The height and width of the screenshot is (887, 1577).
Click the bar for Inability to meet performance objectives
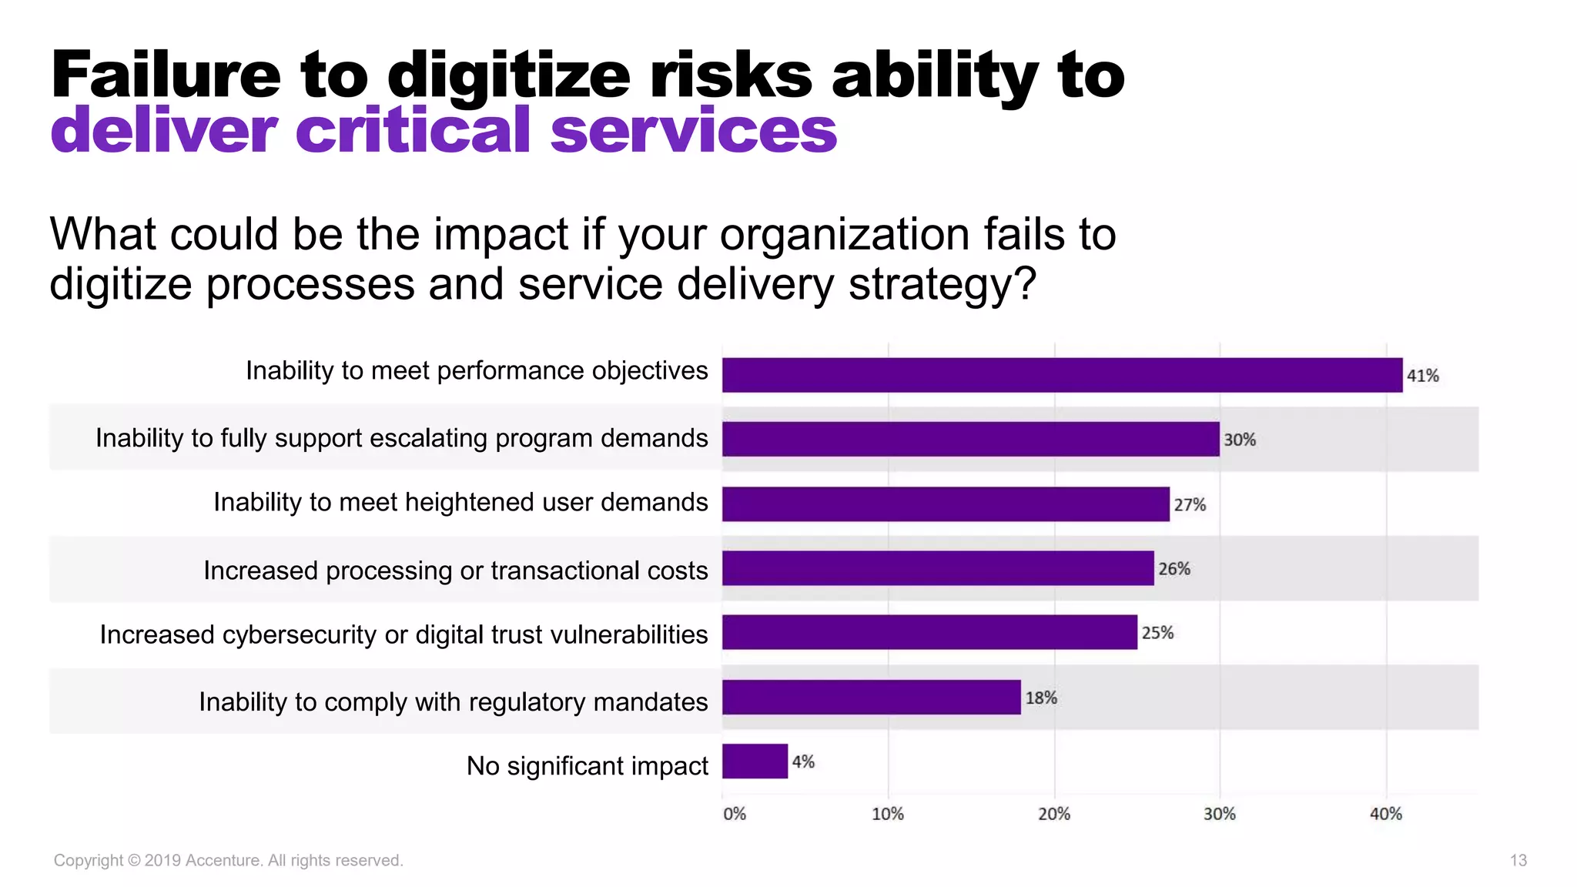[x=1062, y=375]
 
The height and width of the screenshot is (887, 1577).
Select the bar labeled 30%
[x=970, y=439]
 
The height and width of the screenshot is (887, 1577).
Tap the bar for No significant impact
[x=755, y=761]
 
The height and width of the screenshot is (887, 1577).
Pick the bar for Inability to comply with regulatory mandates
[x=871, y=697]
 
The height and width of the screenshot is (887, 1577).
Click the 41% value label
[x=1422, y=376]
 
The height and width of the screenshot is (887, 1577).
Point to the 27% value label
[x=1189, y=505]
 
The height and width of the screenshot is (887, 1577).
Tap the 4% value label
[x=802, y=761]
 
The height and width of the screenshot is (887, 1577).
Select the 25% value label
[x=1157, y=633]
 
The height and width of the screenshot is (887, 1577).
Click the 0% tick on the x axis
[x=734, y=814]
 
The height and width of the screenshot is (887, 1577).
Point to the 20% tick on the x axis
[x=1053, y=814]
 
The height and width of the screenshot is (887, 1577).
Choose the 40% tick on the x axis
[x=1385, y=814]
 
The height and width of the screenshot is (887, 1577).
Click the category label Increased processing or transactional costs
[x=455, y=571]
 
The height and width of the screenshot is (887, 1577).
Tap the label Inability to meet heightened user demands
[x=460, y=502]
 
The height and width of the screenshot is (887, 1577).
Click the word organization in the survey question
[x=844, y=235]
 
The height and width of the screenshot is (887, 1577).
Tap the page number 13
[x=1518, y=860]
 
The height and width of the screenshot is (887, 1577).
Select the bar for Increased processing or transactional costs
[x=937, y=568]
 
